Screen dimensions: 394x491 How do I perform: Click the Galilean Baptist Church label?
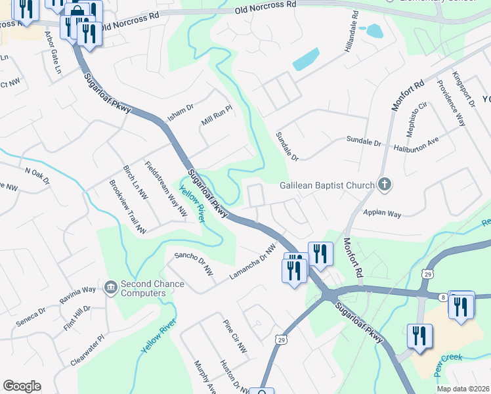[x=326, y=185]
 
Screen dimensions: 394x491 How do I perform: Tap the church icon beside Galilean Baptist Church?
[x=384, y=185]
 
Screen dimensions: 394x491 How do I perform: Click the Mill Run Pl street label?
[x=217, y=117]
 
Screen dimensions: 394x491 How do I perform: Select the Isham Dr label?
[x=181, y=110]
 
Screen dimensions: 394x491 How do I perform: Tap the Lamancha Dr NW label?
[x=252, y=263]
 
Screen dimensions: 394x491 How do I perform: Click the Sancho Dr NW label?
[x=194, y=262]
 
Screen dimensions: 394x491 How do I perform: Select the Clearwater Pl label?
[x=87, y=351]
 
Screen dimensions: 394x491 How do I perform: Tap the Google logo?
[x=22, y=386]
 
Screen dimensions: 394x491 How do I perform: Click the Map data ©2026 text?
[x=463, y=389]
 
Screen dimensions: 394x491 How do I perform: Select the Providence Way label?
[x=451, y=102]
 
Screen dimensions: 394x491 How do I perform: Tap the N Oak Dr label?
[x=37, y=174]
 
